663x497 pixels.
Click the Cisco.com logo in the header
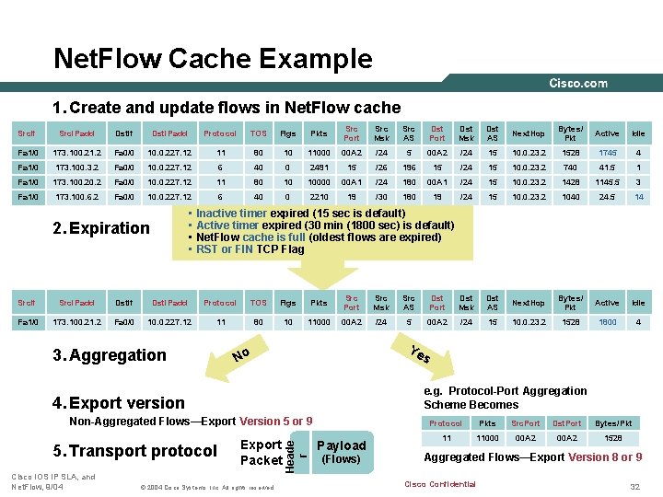point(578,83)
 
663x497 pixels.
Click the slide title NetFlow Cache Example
point(214,59)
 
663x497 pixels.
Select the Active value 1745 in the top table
point(607,152)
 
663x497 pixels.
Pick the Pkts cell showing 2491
point(319,167)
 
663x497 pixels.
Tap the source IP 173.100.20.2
point(76,181)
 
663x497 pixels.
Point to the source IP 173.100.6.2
point(76,196)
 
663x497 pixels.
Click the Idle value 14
point(638,196)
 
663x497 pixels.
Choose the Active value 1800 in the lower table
point(607,321)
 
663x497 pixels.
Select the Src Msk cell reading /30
point(380,196)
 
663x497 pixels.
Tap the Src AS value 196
point(409,167)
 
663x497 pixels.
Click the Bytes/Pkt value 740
point(570,167)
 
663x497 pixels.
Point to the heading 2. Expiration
point(101,228)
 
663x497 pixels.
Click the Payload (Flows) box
point(341,451)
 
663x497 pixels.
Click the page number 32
point(634,485)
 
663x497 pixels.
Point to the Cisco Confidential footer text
point(439,484)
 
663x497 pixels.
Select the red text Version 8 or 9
point(605,457)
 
